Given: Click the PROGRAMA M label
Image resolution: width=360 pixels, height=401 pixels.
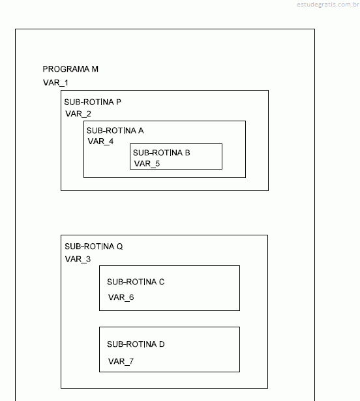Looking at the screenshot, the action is point(70,69).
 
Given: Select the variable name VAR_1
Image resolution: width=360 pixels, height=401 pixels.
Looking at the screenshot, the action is point(55,83).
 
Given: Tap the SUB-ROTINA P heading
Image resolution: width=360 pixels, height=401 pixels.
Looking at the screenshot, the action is point(93,102).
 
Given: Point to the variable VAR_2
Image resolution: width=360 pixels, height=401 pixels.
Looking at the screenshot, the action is point(78,114).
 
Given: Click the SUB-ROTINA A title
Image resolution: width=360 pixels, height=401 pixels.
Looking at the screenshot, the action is point(115,130).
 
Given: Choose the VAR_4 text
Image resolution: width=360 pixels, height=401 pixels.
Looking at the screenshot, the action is point(100,141).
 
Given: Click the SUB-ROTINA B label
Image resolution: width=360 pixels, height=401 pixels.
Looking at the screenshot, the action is point(162,153).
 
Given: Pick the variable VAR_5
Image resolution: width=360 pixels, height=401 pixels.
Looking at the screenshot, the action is point(147,164).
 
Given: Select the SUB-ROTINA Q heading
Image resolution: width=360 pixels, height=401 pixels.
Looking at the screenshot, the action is point(94,246).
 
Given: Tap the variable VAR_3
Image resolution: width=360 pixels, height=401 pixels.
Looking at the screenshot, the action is point(78,260).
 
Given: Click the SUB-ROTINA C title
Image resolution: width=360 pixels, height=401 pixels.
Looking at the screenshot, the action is point(136,282).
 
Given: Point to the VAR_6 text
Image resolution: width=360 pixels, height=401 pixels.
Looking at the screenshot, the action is point(121,297).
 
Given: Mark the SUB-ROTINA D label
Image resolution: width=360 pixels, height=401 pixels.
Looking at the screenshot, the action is point(136,344).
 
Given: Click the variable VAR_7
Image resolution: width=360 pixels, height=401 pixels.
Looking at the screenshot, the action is point(121,362).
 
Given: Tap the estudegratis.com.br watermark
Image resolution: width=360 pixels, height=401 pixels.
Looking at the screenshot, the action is point(328,5).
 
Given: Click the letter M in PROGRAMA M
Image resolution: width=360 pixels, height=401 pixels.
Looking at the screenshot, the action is point(95,69).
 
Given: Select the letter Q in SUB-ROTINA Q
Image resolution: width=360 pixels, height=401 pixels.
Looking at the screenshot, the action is point(120,246).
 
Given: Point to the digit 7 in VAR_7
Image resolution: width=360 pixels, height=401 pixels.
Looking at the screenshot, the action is point(131,361).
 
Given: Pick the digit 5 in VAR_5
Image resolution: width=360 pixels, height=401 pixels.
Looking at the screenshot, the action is point(157,164).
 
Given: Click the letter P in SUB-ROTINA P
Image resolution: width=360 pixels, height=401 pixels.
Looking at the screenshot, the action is point(119,102).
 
